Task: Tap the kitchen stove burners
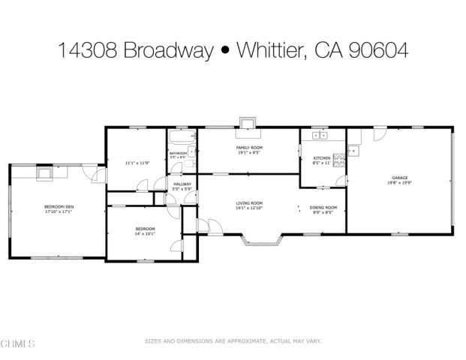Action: pos(338,157)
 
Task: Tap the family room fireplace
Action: pos(247,123)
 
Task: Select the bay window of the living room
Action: pos(260,240)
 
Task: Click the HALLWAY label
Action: pos(182,184)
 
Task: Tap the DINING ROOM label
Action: pos(323,207)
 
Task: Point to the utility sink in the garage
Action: pos(354,150)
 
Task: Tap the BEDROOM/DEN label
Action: pos(58,207)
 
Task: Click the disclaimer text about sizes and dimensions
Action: pos(233,340)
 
